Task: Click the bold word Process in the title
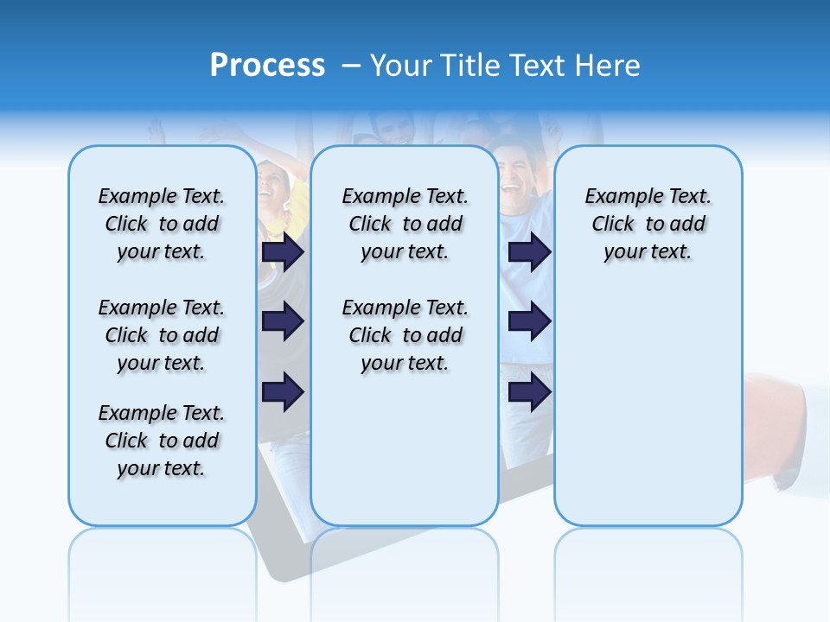[x=267, y=66]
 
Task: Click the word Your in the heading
[x=400, y=66]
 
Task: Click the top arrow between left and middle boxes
[x=283, y=251]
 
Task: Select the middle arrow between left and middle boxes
[x=283, y=322]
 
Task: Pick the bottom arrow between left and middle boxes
[x=283, y=392]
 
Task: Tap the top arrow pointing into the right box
[x=529, y=251]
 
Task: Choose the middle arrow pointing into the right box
[x=529, y=322]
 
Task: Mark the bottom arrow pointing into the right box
[x=529, y=392]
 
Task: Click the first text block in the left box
[x=162, y=224]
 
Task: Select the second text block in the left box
[x=162, y=335]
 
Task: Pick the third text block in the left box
[x=162, y=441]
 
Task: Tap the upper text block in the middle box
[x=405, y=224]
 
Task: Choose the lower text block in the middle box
[x=405, y=335]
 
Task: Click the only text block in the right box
[x=648, y=224]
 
